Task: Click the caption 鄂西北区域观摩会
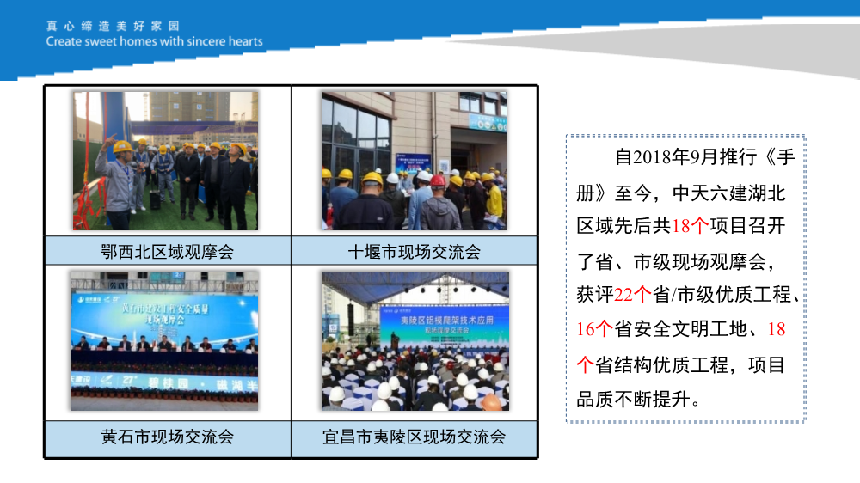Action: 167,252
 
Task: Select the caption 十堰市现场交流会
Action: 414,252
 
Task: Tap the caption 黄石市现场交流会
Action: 167,437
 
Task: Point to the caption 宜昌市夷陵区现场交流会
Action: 414,437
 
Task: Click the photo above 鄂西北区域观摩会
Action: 165,161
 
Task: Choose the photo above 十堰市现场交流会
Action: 414,161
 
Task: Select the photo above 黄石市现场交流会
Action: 164,341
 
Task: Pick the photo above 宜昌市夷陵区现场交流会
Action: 415,341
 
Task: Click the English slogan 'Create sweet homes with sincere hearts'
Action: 155,41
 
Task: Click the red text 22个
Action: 634,295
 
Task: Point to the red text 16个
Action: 594,329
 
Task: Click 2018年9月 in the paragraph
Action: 675,157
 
